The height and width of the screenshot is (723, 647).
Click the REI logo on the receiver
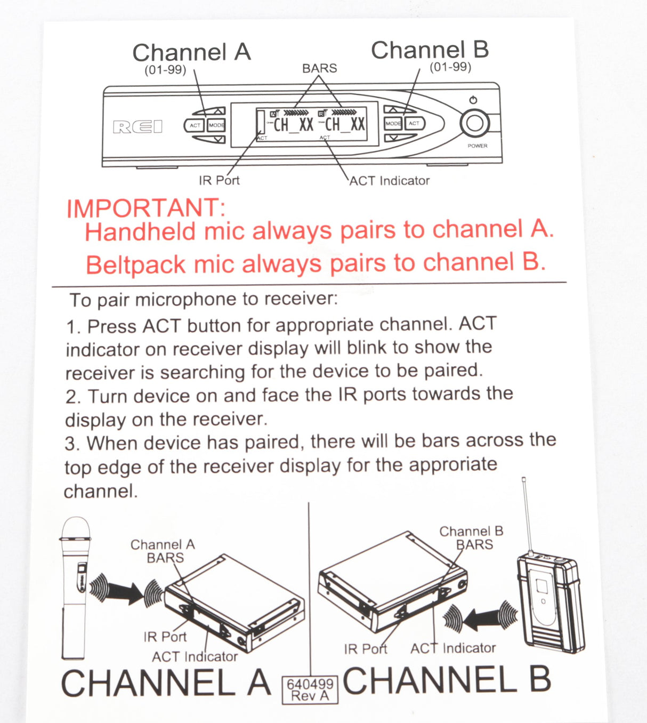(138, 127)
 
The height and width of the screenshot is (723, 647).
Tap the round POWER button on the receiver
(475, 123)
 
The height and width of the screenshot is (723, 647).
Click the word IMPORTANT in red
(146, 208)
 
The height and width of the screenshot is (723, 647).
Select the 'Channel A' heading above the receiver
(192, 52)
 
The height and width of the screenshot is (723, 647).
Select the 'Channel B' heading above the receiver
(430, 50)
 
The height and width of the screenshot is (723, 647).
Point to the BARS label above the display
(320, 68)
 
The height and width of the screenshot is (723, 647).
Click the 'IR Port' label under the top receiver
(219, 180)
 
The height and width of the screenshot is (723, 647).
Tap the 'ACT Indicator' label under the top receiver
(390, 181)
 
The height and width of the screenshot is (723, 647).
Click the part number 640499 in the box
(310, 684)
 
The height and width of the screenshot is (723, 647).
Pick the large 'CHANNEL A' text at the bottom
(166, 682)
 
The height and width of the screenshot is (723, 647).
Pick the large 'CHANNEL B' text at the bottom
(447, 680)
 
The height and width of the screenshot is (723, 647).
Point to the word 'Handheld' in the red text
(140, 232)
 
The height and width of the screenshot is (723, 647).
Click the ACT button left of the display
(195, 125)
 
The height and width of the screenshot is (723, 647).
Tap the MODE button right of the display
(393, 124)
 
